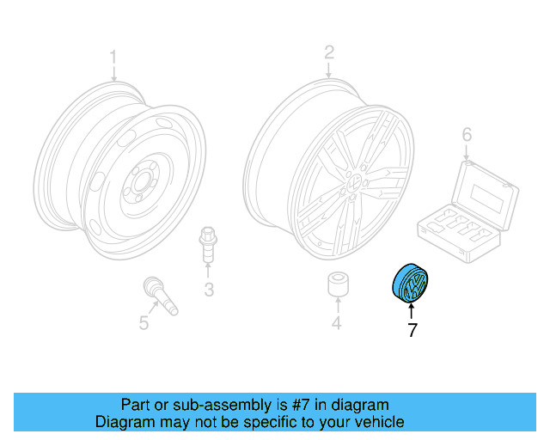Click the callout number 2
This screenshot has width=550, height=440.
328,53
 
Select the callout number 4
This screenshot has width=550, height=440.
337,323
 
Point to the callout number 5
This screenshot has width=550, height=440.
144,322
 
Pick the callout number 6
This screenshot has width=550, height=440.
467,134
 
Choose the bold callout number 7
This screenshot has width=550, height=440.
412,329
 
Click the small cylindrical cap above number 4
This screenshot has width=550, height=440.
336,287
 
